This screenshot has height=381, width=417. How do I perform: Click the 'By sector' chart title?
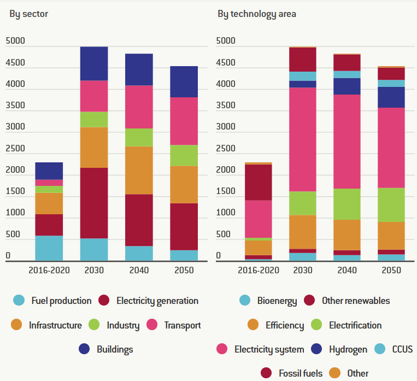point(28,14)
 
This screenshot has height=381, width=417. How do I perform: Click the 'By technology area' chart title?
point(256,14)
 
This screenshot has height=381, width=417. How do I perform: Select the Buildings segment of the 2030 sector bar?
point(94,63)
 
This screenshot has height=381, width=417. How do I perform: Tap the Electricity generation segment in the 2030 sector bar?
point(94,203)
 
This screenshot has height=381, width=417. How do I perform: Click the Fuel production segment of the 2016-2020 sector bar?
point(49,248)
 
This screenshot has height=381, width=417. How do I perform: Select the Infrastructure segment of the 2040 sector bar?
point(139,170)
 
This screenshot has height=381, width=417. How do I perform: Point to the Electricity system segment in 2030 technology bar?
point(302,139)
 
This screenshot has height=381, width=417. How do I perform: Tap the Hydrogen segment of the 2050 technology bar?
point(391,97)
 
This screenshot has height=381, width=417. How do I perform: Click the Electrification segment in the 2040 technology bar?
point(346,204)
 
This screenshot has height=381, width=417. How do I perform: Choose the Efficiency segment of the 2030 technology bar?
point(302,232)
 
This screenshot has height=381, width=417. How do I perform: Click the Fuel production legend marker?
point(19,300)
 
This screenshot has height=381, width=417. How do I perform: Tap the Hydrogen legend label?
point(348,349)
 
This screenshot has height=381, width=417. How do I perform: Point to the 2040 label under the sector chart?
point(139,270)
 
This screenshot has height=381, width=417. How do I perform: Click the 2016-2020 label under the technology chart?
point(259,270)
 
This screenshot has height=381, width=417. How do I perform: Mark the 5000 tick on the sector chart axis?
point(15,41)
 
